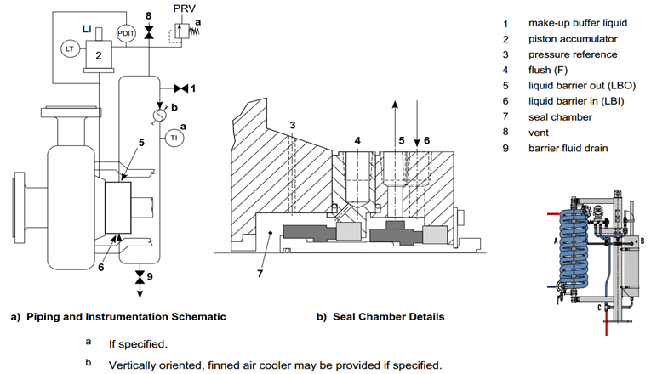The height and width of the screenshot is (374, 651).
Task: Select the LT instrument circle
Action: [70, 49]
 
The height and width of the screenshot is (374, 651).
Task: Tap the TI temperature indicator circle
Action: [174, 137]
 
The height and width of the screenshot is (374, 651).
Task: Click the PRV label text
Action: [185, 8]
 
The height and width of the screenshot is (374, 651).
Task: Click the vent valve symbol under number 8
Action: [150, 32]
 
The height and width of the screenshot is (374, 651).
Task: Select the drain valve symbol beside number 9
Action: [138, 277]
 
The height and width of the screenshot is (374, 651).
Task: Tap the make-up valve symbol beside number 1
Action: [180, 88]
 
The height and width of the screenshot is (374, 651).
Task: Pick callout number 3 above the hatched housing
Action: [292, 127]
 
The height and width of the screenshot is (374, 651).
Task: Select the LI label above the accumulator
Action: [87, 29]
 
